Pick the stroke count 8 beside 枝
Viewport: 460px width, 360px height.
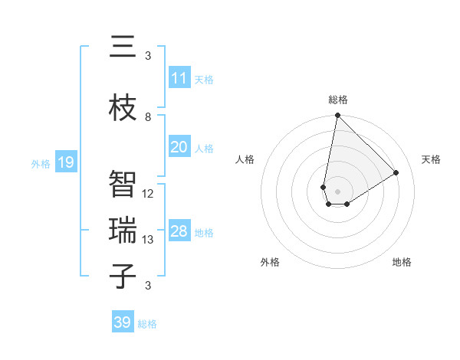click(x=148, y=117)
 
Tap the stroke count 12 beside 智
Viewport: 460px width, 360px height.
click(x=148, y=194)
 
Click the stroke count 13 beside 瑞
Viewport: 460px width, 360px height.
click(x=148, y=240)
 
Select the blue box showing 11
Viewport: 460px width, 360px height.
click(x=179, y=78)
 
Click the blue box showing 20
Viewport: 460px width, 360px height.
click(x=179, y=147)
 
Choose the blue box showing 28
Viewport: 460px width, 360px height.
click(x=179, y=231)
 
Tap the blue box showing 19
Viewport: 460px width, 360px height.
click(x=66, y=162)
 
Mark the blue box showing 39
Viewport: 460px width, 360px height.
click(x=123, y=322)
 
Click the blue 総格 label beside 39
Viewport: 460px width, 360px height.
click(x=147, y=324)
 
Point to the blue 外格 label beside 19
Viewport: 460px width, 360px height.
click(x=41, y=163)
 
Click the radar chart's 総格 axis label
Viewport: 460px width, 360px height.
click(x=338, y=100)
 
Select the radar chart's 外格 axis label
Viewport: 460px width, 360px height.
click(x=270, y=262)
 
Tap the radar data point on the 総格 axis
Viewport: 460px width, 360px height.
click(x=337, y=116)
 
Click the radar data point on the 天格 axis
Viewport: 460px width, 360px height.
click(x=396, y=173)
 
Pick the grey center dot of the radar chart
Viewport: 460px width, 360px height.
click(x=337, y=190)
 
